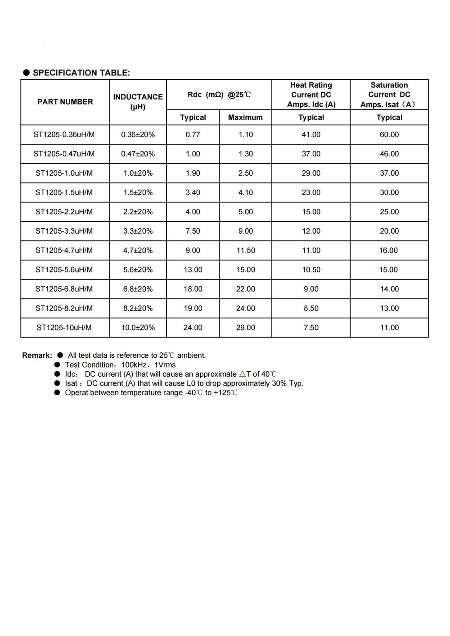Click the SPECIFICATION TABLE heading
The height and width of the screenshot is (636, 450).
point(81,73)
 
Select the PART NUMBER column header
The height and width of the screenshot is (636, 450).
point(65,102)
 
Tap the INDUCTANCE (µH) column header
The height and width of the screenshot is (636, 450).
point(138,102)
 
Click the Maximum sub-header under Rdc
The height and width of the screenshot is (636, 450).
point(245,117)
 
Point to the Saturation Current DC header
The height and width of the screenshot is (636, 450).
point(389,94)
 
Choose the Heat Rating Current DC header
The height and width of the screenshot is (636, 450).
point(311,94)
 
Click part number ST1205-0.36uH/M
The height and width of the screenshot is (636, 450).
point(64,134)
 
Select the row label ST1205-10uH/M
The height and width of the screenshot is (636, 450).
point(64,328)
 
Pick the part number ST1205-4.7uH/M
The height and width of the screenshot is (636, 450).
point(64,250)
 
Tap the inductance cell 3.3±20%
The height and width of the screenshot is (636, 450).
point(138,231)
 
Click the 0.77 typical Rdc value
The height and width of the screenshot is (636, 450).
point(193,134)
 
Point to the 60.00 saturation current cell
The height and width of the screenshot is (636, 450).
point(389,134)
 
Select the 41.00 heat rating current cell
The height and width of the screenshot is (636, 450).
point(311,134)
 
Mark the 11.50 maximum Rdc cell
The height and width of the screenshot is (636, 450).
point(246,250)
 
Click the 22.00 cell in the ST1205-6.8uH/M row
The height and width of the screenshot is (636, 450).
point(246,289)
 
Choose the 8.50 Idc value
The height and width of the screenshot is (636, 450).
point(311,308)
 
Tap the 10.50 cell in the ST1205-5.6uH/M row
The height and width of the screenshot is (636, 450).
point(311,270)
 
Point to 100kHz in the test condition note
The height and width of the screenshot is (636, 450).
point(134,365)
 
